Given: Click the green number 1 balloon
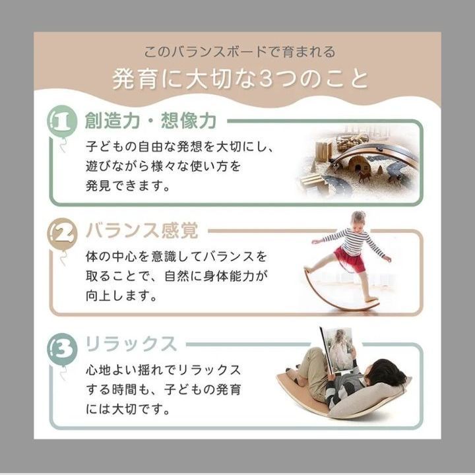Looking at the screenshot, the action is coord(62,121).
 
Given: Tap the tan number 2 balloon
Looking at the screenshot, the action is coord(62,234).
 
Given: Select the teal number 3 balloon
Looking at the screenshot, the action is coord(62,349).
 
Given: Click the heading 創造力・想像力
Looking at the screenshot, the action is coord(151,121).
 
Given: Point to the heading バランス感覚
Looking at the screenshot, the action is coord(142,230).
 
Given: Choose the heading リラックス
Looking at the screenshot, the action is coord(131,344).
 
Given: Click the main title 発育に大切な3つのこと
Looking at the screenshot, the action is coord(240,79).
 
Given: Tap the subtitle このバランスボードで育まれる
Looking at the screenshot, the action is coord(239,52).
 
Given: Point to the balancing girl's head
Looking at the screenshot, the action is coord(358,220).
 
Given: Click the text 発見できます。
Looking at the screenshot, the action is coord(128,185).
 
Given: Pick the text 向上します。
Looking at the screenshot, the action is coord(121,296).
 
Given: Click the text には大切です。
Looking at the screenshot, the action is coord(128,409).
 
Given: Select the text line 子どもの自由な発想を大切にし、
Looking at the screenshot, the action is coord(180,146).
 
